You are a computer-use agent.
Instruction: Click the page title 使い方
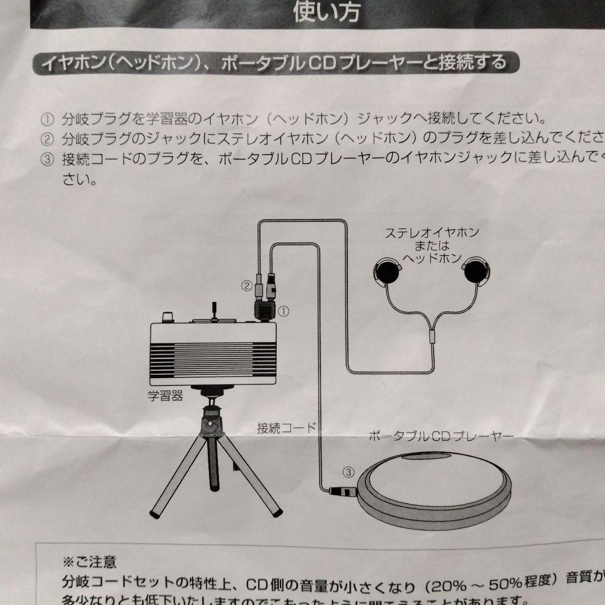click(x=327, y=12)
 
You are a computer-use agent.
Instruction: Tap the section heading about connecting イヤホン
click(x=269, y=62)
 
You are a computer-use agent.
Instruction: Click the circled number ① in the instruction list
click(x=47, y=119)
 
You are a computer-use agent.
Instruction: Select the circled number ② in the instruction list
click(x=47, y=139)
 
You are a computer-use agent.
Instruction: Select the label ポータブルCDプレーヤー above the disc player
click(x=434, y=436)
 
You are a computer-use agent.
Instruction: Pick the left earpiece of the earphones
click(x=387, y=271)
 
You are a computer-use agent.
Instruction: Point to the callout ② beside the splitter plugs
click(x=246, y=286)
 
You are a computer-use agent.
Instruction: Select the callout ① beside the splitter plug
click(x=283, y=309)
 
